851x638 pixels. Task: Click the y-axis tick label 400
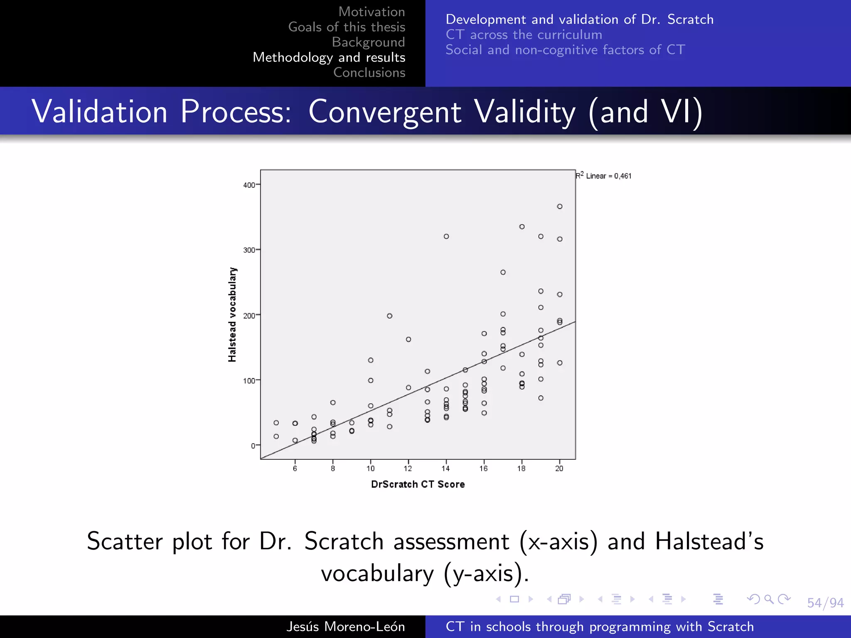pyautogui.click(x=249, y=185)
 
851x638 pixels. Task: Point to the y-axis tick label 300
pyautogui.click(x=249, y=250)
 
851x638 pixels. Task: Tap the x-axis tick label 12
pyautogui.click(x=408, y=469)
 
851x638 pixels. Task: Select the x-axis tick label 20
pyautogui.click(x=559, y=469)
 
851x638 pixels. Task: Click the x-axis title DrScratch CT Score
pyautogui.click(x=418, y=484)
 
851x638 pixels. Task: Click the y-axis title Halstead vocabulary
pyautogui.click(x=232, y=314)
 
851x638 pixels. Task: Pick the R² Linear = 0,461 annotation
pyautogui.click(x=603, y=176)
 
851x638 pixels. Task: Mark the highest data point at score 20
pyautogui.click(x=559, y=206)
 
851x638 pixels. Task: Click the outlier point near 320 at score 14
pyautogui.click(x=446, y=236)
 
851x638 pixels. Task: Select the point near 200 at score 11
pyautogui.click(x=389, y=316)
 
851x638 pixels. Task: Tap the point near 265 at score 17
pyautogui.click(x=503, y=272)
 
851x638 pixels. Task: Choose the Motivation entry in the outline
pyautogui.click(x=371, y=12)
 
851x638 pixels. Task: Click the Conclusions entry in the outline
pyautogui.click(x=369, y=72)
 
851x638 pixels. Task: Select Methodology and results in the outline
pyautogui.click(x=329, y=57)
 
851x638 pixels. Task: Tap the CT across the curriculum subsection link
pyautogui.click(x=524, y=34)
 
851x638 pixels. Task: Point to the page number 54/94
pyautogui.click(x=825, y=603)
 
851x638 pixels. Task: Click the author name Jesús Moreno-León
pyautogui.click(x=345, y=626)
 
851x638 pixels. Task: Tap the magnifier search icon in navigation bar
pyautogui.click(x=769, y=599)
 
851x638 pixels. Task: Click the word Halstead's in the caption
pyautogui.click(x=709, y=541)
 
